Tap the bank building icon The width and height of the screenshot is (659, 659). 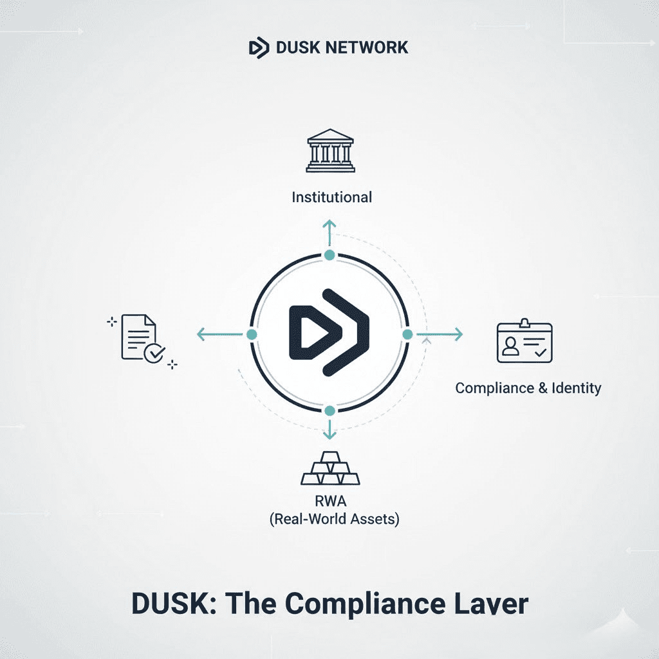[x=330, y=152]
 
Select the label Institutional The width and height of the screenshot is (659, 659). [x=331, y=197]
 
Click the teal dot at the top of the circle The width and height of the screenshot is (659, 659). [x=329, y=255]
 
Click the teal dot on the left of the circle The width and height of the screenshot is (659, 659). [x=252, y=335]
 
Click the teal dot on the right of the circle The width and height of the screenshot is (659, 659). [x=407, y=334]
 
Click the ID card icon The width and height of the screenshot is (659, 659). [x=524, y=342]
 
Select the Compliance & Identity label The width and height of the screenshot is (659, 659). [x=528, y=388]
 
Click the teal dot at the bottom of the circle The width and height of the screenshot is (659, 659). [x=329, y=411]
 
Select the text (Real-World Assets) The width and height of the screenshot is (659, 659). [x=333, y=519]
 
